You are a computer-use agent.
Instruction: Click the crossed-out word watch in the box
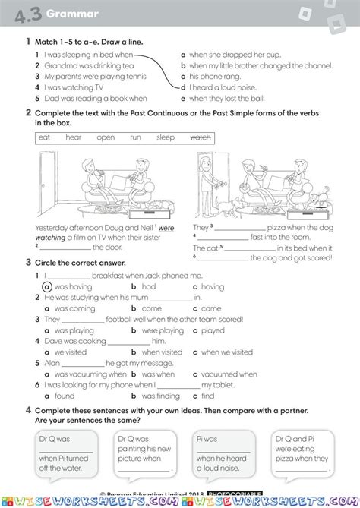(200, 137)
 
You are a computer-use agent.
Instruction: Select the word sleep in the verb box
(166, 137)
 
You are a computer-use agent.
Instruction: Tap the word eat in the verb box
(45, 137)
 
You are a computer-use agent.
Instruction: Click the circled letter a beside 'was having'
(47, 287)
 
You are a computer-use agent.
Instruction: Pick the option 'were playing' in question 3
(163, 330)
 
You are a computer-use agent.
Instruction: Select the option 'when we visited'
(227, 352)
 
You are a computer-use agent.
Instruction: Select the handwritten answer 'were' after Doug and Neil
(166, 227)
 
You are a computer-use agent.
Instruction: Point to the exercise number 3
(28, 263)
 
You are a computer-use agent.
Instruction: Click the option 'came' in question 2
(211, 308)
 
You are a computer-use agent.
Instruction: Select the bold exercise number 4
(28, 409)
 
